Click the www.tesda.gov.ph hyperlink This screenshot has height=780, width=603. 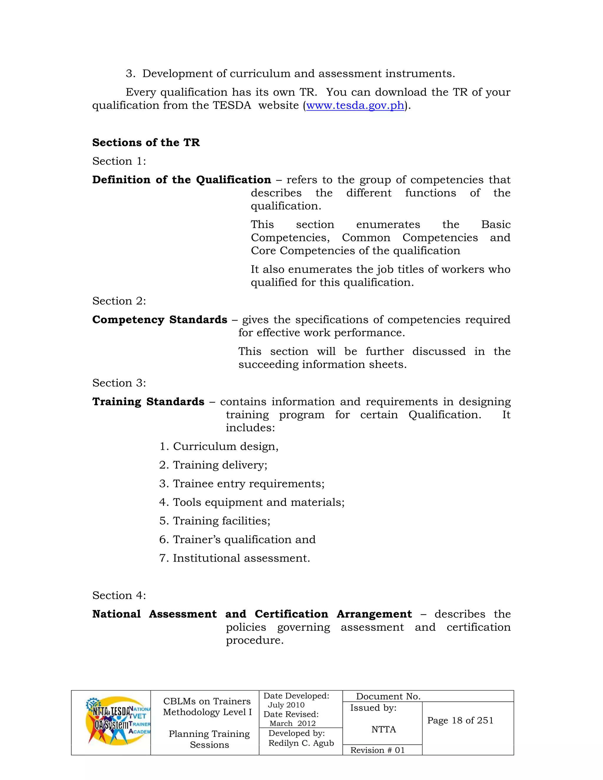click(x=355, y=105)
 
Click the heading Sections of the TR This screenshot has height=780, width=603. click(x=146, y=142)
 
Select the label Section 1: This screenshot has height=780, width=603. click(x=119, y=161)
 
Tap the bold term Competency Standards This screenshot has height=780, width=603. click(x=160, y=320)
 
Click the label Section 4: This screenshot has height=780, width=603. click(x=119, y=595)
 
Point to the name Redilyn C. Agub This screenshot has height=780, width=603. click(x=301, y=743)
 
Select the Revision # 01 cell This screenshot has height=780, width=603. click(x=377, y=750)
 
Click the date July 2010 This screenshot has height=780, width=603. click(x=286, y=705)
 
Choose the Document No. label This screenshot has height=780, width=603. click(x=388, y=696)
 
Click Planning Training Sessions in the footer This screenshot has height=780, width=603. click(x=209, y=739)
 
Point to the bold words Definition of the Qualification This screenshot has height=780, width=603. click(x=181, y=180)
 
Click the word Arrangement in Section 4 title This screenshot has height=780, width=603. click(x=374, y=614)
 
